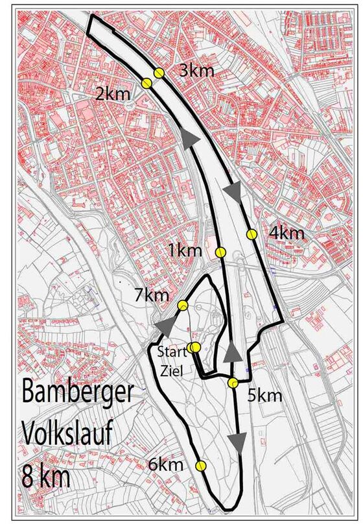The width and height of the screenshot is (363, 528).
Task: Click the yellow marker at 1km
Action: coord(220,252)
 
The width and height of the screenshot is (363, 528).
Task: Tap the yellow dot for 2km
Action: coord(146,83)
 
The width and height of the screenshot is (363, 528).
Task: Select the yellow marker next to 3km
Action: coord(159,73)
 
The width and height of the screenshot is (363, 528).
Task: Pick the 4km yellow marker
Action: coord(252,234)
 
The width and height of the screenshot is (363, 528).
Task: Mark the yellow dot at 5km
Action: coord(232,383)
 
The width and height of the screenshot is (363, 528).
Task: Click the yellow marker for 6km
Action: coord(200,465)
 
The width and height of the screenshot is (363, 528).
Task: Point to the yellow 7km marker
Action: coord(183,306)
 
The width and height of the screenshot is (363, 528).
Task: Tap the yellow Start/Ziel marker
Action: coord(194,347)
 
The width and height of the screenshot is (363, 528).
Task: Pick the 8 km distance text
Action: coord(49,475)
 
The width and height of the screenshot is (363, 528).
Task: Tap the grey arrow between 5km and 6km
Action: coord(239,442)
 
